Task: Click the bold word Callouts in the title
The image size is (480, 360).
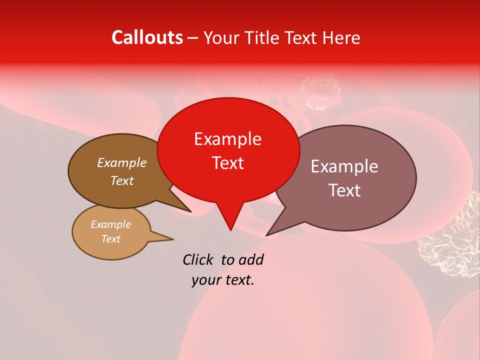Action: [147, 37]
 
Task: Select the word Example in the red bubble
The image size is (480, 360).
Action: [227, 139]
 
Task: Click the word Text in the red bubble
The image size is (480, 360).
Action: [227, 163]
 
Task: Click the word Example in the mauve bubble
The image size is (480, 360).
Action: [344, 166]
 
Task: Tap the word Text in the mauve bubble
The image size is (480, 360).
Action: [344, 190]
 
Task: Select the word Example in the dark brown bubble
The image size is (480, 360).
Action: [121, 162]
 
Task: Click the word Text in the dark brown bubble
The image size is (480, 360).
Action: [122, 180]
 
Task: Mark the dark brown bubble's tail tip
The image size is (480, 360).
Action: [190, 211]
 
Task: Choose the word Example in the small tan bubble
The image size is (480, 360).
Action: [110, 224]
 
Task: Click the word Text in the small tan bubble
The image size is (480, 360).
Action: [110, 239]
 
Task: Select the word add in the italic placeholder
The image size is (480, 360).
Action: [251, 259]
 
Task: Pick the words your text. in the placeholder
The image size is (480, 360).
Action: [223, 280]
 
